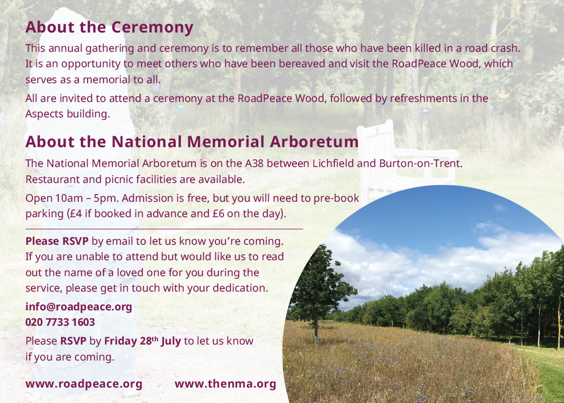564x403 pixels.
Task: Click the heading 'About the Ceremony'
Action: [x=110, y=28]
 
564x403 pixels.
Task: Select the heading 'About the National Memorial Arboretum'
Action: [x=192, y=142]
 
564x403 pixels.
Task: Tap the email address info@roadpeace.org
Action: [x=79, y=307]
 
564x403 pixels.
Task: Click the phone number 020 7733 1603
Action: [x=60, y=322]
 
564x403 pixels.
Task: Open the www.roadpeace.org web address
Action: [x=84, y=384]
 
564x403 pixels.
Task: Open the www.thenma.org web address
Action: [x=225, y=384]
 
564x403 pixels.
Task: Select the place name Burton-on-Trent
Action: [x=420, y=163]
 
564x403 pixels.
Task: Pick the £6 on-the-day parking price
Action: [x=218, y=214]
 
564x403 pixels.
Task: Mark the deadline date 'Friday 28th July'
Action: [x=143, y=341]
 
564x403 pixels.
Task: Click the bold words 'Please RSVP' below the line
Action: [x=57, y=241]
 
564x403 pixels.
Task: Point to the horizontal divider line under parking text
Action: [x=164, y=229]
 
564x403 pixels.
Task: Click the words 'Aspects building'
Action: [x=67, y=114]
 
